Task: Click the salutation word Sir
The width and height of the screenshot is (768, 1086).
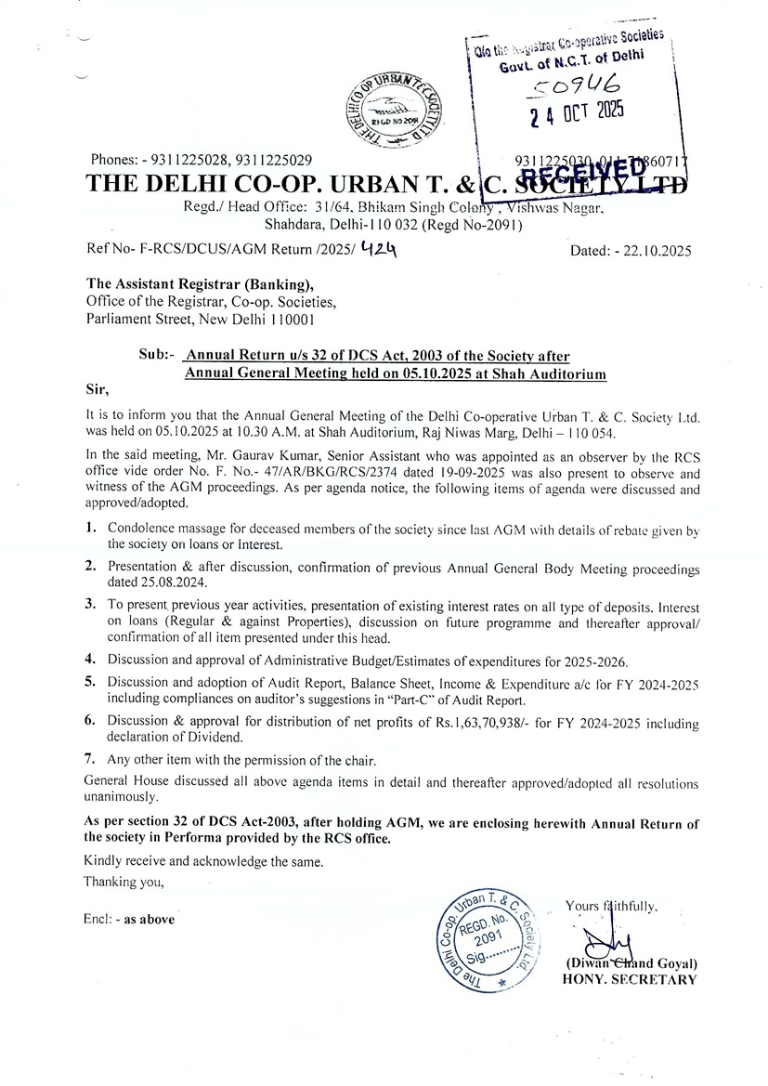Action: coord(96,392)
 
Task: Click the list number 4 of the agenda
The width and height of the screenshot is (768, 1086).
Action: coord(91,661)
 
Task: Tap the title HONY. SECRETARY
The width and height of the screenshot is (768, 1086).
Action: coord(629,979)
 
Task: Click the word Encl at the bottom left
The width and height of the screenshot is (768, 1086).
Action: coord(98,919)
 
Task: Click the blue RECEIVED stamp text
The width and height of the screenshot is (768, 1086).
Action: coord(584,173)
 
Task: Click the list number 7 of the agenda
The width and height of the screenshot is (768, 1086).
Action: coord(91,761)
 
